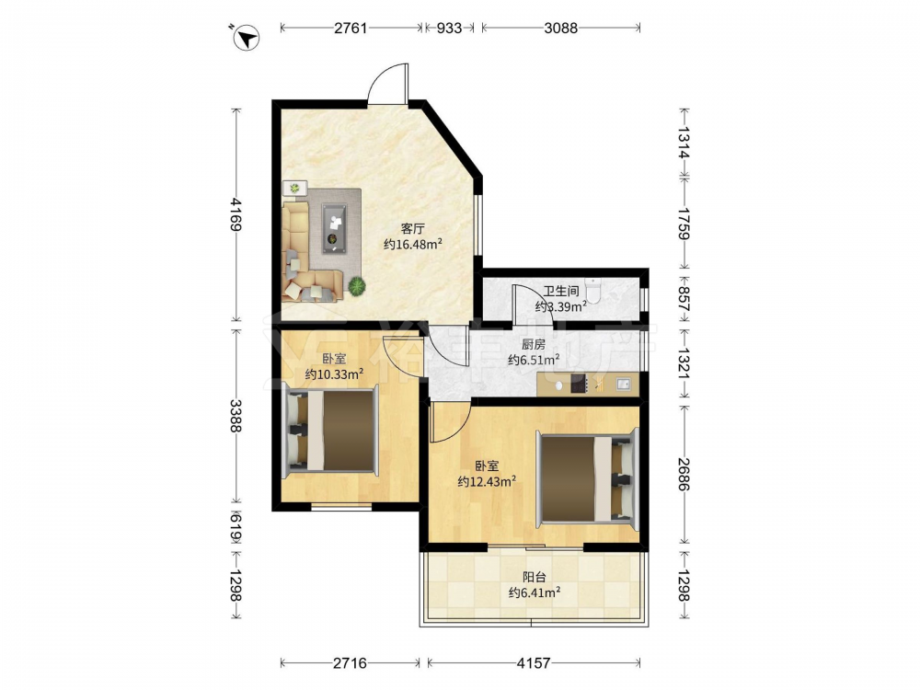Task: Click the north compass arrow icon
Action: pos(247,38)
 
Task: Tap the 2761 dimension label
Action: pos(351,28)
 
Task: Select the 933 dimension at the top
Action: pos(449,28)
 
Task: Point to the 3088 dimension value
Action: pos(561,28)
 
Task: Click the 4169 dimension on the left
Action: pos(236,214)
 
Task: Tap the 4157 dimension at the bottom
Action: pos(534,663)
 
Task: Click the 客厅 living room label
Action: pos(412,229)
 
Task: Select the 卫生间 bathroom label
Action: pos(561,291)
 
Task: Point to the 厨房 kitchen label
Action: pos(534,344)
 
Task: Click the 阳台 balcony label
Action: pos(534,577)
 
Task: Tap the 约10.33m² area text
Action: pos(334,374)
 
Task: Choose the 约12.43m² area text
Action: pos(487,481)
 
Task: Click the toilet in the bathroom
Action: pos(593,291)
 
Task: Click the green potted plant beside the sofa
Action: pos(357,286)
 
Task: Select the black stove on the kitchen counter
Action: pos(579,384)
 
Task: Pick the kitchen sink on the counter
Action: pos(624,385)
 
